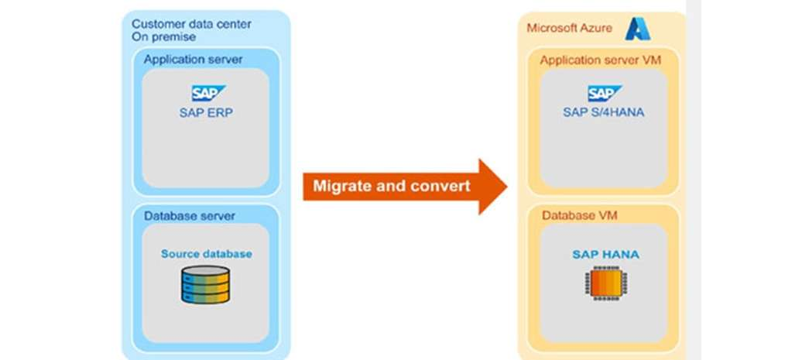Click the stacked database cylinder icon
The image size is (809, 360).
(x=206, y=284)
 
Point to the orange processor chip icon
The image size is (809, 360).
(x=605, y=284)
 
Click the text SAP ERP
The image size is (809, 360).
(x=207, y=111)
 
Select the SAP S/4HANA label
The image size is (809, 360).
(x=604, y=111)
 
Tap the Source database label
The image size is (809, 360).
(x=206, y=254)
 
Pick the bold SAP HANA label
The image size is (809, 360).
(x=605, y=254)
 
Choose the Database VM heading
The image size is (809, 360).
(x=574, y=214)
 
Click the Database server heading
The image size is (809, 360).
(x=189, y=215)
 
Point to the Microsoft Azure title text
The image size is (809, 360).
(x=569, y=29)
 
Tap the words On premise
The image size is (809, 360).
(x=163, y=36)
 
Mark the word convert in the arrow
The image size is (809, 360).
(x=442, y=186)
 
